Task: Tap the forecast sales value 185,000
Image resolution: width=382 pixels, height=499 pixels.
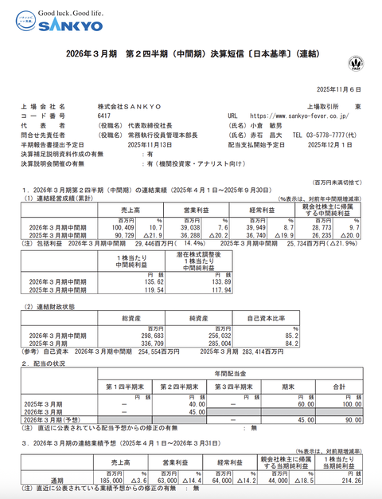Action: [111, 481]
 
